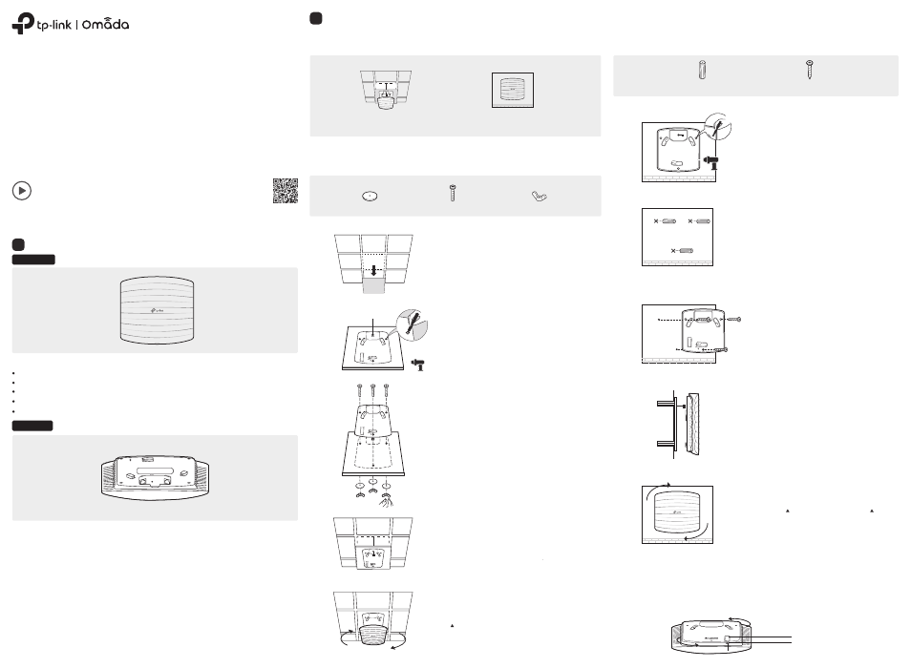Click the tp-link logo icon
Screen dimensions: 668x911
pyautogui.click(x=22, y=25)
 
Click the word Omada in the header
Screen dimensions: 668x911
pyautogui.click(x=103, y=25)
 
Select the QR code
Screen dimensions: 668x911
pyautogui.click(x=285, y=191)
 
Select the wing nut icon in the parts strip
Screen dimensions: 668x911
pyautogui.click(x=541, y=197)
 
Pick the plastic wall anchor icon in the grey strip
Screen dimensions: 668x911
pyautogui.click(x=703, y=73)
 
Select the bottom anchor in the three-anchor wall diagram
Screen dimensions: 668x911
pyautogui.click(x=682, y=250)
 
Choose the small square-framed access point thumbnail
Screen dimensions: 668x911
pyautogui.click(x=514, y=94)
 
